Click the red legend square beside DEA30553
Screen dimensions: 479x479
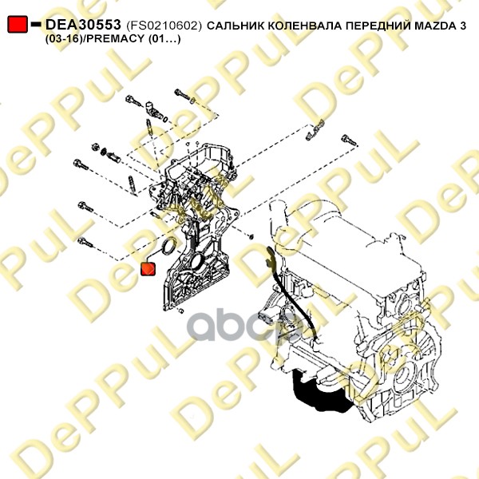[x=18, y=24]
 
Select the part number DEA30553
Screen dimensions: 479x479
[x=83, y=25]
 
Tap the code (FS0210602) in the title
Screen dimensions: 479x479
[x=164, y=26]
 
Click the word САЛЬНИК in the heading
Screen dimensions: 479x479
[x=236, y=26]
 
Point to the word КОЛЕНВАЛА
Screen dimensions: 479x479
[x=305, y=26]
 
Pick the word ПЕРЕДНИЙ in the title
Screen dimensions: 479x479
[x=378, y=26]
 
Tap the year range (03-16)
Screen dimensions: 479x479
[x=64, y=39]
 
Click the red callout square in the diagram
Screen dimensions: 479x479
[x=148, y=269]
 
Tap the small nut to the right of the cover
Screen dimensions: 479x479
[x=251, y=236]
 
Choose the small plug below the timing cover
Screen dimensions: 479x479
[x=181, y=311]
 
